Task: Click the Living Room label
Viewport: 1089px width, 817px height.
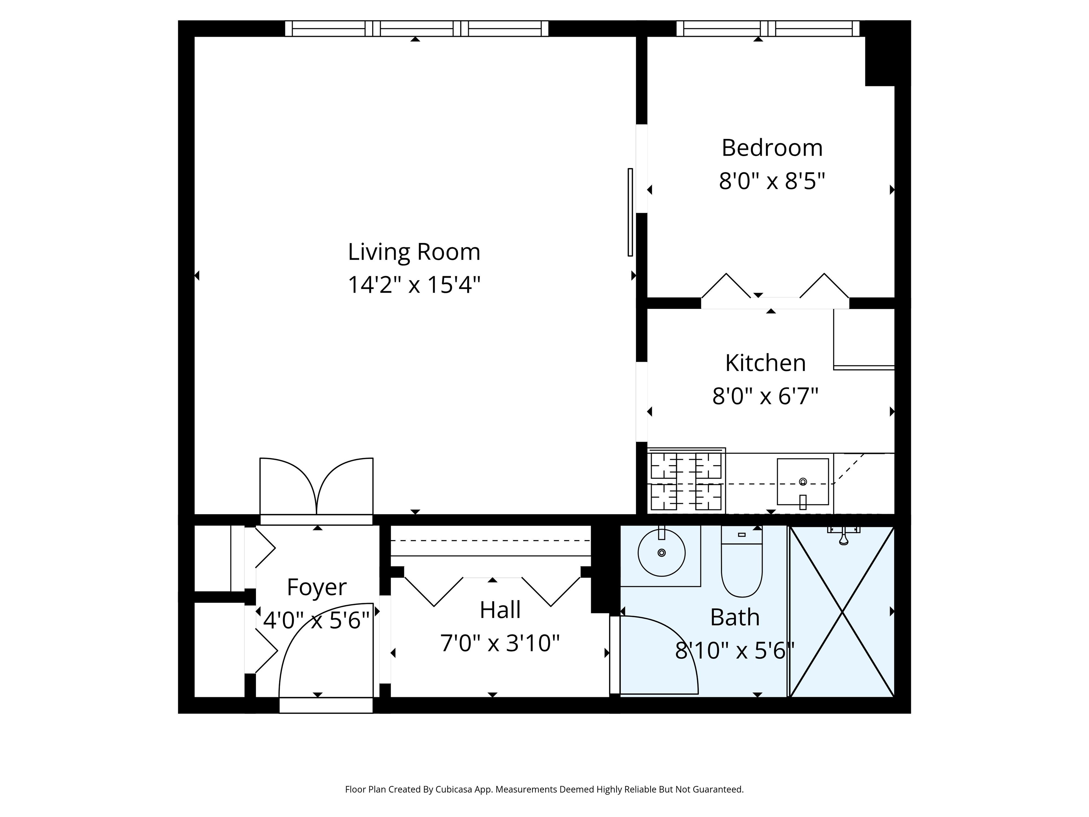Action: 414,252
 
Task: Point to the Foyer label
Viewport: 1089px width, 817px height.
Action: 317,587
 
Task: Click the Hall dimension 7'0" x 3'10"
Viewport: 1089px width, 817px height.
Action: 500,643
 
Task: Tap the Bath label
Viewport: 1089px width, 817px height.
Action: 735,618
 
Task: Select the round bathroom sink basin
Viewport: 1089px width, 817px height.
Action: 662,552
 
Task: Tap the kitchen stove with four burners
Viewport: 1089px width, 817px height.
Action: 686,480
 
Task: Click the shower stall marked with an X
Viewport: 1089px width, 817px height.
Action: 842,612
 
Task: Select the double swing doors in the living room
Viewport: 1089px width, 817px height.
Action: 317,487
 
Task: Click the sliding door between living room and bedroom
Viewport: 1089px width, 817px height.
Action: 630,212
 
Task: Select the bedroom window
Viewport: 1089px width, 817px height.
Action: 768,29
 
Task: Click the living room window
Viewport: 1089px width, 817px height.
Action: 417,29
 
